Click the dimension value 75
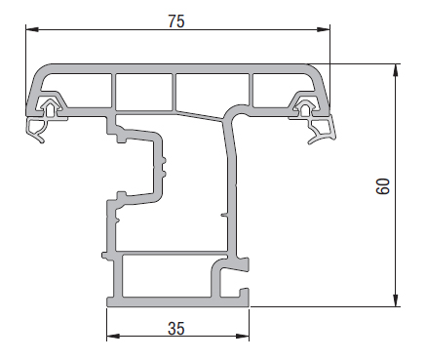(x=176, y=21)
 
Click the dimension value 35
(x=176, y=329)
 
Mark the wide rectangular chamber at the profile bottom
(x=166, y=276)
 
